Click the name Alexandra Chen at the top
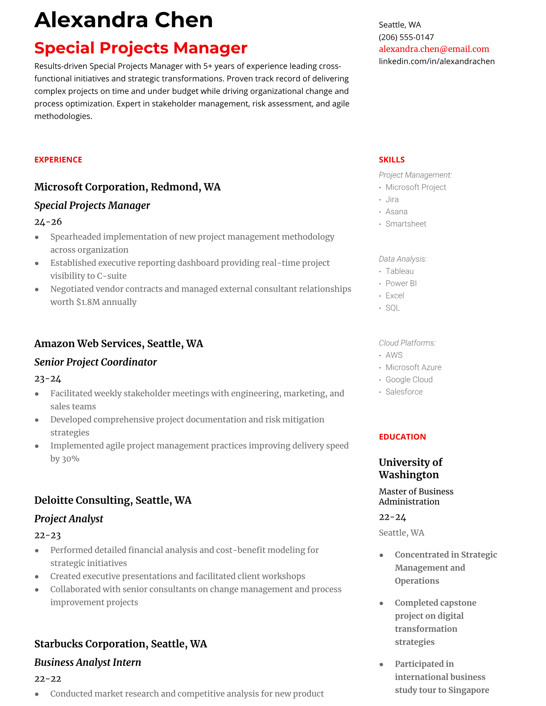click(x=124, y=20)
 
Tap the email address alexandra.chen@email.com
click(x=434, y=49)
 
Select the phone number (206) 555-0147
click(x=406, y=37)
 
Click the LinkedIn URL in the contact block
click(x=436, y=61)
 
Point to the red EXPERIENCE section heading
click(x=58, y=160)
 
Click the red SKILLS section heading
click(x=391, y=160)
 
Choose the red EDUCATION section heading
click(x=402, y=437)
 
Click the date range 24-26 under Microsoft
click(x=48, y=222)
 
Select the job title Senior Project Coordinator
click(x=95, y=362)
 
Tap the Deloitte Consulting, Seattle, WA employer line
click(x=113, y=500)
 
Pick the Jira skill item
click(x=392, y=199)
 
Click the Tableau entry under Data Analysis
click(x=399, y=271)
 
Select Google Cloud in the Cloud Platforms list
click(x=409, y=379)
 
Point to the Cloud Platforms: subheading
click(x=407, y=343)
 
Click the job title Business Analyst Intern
click(x=87, y=662)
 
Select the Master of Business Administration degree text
click(x=416, y=497)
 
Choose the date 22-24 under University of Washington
click(x=392, y=517)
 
